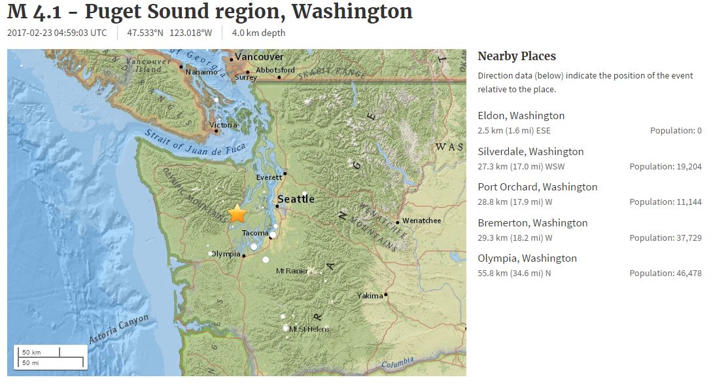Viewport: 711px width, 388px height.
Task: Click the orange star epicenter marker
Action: tap(237, 213)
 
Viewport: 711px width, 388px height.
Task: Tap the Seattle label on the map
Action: tap(296, 199)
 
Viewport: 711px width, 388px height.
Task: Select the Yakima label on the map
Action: tap(370, 296)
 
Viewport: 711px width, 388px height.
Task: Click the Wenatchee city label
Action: tap(421, 220)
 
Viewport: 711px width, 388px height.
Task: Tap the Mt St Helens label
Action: tap(309, 329)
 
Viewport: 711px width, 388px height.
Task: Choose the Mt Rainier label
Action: tap(292, 270)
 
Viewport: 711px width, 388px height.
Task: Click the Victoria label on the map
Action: tap(223, 125)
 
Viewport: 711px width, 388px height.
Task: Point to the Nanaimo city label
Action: tap(201, 72)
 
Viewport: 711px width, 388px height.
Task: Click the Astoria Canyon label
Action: tap(119, 330)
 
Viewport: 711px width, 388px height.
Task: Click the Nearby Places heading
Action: tap(517, 56)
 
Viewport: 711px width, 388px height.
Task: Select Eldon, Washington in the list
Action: tap(521, 116)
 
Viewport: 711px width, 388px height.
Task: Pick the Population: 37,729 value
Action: tap(665, 238)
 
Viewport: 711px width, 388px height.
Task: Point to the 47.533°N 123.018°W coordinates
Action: tap(169, 33)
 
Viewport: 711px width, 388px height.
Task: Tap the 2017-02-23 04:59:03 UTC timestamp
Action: tap(57, 33)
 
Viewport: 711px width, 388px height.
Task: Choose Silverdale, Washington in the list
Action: tap(530, 152)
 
